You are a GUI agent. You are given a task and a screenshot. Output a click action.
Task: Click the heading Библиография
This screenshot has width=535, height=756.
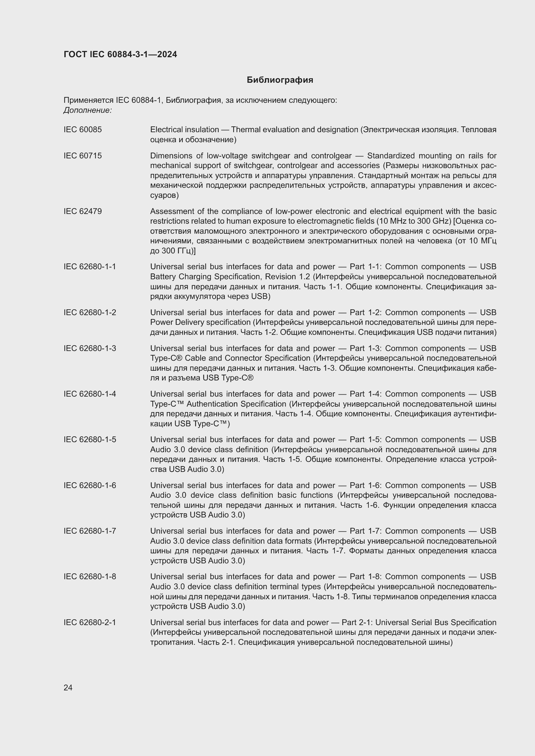[280, 80]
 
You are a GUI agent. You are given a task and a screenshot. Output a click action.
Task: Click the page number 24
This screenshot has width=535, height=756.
[68, 687]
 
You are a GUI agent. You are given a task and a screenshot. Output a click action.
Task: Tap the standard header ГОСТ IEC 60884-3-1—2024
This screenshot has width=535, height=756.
[120, 54]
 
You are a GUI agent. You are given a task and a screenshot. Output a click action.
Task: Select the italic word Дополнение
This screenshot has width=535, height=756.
[88, 110]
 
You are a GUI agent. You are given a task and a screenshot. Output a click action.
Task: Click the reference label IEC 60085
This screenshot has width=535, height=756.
[83, 130]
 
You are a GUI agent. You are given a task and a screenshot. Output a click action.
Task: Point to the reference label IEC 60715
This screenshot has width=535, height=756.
[83, 156]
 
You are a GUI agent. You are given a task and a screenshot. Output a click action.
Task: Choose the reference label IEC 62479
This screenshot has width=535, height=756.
[83, 211]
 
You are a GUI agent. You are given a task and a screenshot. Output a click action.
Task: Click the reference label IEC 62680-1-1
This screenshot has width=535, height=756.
[90, 267]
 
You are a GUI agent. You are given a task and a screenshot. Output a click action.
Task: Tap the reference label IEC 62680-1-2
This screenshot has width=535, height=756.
[90, 313]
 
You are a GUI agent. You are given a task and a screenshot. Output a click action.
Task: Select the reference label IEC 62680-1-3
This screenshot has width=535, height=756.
[90, 348]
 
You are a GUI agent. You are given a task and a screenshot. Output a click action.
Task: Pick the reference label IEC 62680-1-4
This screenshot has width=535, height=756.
[90, 394]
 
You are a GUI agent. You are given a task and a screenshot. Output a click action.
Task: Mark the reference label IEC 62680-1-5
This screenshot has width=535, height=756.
[90, 440]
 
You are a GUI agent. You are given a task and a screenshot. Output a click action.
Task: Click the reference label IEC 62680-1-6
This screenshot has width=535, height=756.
[90, 486]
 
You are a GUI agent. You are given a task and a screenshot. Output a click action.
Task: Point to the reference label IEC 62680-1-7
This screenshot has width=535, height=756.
[90, 531]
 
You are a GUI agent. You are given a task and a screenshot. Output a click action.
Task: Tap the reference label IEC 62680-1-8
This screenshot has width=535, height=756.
[90, 577]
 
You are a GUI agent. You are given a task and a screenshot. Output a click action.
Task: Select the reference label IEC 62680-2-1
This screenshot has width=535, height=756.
[90, 623]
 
